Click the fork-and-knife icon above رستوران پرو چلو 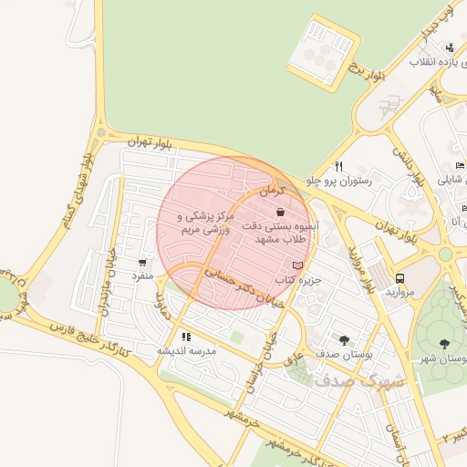click(338, 166)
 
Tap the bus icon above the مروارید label click(400, 278)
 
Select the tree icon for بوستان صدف click(344, 340)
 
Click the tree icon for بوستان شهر click(444, 344)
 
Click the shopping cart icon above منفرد click(141, 261)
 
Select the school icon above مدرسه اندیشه click(186, 337)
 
